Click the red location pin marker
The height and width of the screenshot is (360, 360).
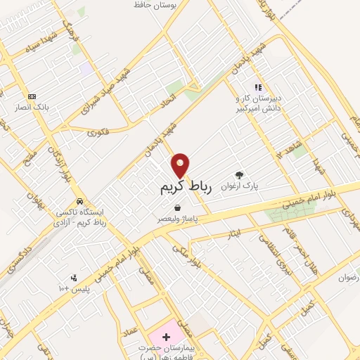181,165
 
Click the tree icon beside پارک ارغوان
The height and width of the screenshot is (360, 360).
240,176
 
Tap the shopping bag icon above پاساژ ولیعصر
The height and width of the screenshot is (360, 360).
177,208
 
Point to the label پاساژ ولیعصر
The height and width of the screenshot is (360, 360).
177,219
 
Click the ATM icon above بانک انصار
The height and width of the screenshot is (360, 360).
32,96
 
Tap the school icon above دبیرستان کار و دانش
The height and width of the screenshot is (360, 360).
258,87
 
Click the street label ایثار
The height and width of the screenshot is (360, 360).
236,231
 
